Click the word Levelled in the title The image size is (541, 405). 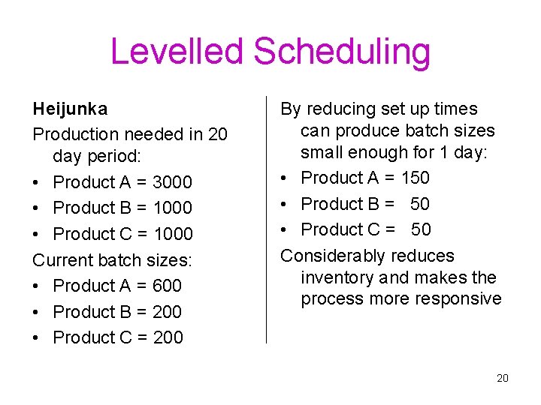click(x=177, y=52)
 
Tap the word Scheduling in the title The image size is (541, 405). click(x=342, y=52)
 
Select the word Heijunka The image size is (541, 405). click(x=70, y=109)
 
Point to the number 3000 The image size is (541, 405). click(x=172, y=182)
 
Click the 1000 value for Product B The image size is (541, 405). click(x=172, y=208)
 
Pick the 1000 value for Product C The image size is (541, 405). click(x=173, y=234)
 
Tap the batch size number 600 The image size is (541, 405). click(x=167, y=286)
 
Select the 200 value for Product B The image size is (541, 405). click(x=167, y=312)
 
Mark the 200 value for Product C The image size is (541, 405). click(x=168, y=337)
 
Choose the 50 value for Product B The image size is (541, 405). click(x=421, y=204)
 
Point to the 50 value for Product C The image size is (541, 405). click(x=421, y=229)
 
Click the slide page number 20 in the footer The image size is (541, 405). click(x=503, y=378)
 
